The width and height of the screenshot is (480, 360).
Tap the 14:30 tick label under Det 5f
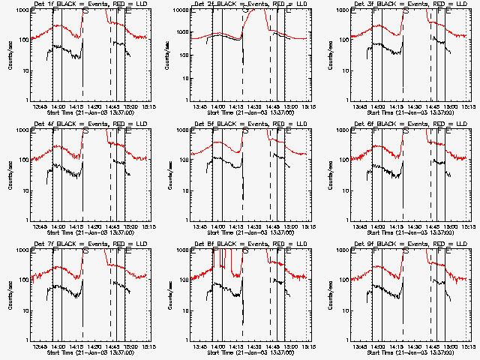[253, 226]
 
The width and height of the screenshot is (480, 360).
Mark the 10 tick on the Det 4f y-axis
[25, 190]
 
